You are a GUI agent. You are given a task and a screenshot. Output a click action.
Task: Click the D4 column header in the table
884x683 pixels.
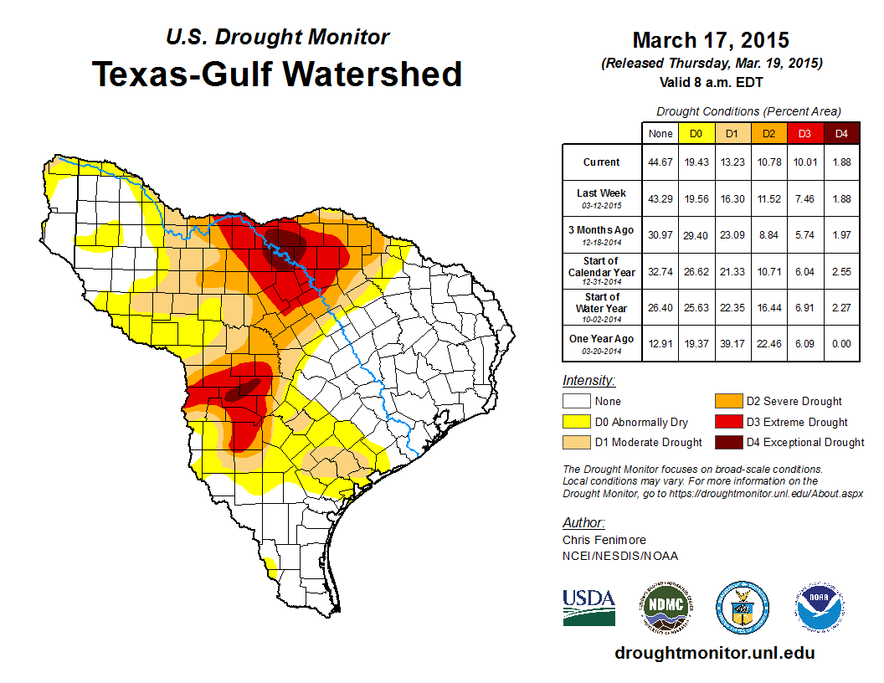[x=841, y=134]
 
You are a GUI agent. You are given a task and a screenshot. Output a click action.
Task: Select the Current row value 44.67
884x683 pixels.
[x=660, y=162]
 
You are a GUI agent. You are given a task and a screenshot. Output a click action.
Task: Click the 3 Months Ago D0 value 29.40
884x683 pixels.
[x=696, y=235]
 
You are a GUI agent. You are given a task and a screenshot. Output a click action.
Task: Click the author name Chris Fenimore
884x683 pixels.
[x=604, y=540]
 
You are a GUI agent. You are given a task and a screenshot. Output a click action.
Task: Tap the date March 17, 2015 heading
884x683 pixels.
[x=711, y=40]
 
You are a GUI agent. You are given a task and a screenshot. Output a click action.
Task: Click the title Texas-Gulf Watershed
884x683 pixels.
[x=277, y=74]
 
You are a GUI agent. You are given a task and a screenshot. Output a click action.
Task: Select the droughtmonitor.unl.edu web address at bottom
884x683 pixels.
[x=714, y=653]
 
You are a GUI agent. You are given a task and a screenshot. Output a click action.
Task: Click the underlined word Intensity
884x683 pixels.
[x=588, y=381]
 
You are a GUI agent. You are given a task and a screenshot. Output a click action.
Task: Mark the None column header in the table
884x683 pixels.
[x=660, y=134]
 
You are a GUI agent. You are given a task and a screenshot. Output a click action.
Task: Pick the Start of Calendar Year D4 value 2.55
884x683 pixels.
[x=841, y=272]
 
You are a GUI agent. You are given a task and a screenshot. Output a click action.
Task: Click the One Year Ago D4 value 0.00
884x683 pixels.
[x=841, y=344]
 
